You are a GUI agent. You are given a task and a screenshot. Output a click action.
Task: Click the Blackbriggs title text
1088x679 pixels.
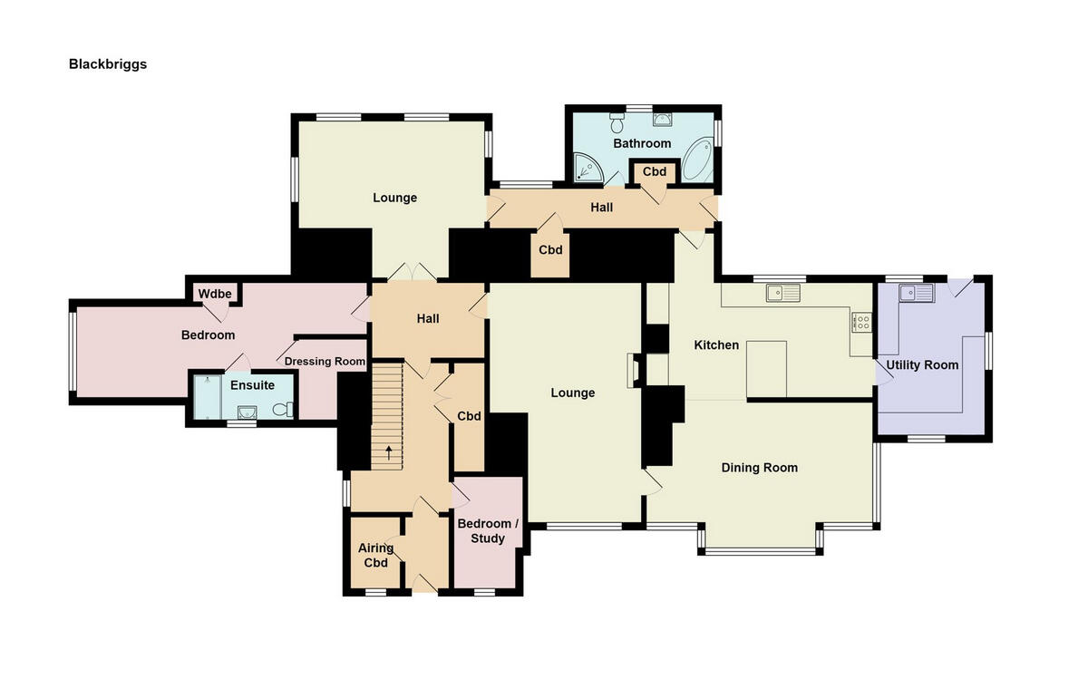click(x=107, y=64)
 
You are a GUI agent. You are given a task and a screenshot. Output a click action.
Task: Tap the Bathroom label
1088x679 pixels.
click(x=642, y=143)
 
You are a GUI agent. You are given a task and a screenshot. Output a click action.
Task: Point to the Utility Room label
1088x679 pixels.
click(x=922, y=365)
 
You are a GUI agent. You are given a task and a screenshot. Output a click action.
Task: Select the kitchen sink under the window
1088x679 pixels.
click(x=782, y=292)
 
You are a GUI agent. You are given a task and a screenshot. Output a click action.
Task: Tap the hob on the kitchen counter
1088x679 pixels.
click(x=860, y=321)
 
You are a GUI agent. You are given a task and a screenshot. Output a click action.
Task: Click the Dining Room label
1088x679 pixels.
click(x=759, y=468)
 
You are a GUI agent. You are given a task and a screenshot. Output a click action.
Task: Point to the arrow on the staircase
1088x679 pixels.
click(x=391, y=451)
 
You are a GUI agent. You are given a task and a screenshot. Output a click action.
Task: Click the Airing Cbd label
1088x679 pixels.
click(x=375, y=555)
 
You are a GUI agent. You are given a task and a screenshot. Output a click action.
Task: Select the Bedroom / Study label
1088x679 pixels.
click(x=488, y=531)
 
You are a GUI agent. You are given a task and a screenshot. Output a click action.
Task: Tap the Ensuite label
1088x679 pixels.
click(x=252, y=385)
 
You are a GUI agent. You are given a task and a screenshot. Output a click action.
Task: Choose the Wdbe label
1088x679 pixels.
click(x=215, y=294)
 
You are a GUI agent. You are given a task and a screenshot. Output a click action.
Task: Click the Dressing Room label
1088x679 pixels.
click(x=325, y=362)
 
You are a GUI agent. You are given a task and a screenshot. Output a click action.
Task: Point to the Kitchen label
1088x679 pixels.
click(x=716, y=345)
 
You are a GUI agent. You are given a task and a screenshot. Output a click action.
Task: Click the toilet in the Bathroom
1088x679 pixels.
click(x=618, y=118)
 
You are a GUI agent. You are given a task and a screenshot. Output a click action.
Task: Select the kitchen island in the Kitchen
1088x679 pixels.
click(x=766, y=369)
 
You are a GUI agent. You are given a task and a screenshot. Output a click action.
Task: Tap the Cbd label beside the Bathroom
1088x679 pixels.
click(x=654, y=171)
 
